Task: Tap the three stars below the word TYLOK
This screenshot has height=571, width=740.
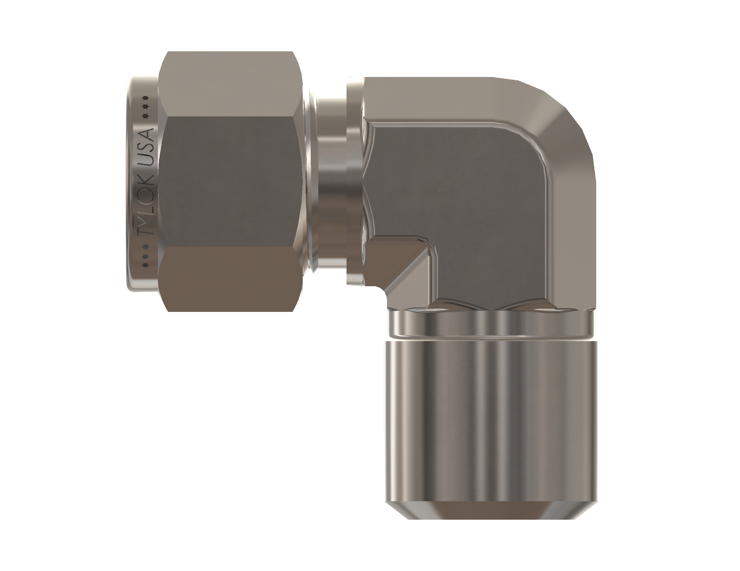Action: pos(146,256)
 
